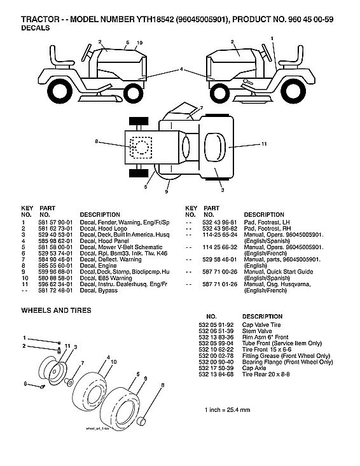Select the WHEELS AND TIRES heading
(x=56, y=310)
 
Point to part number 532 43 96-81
(x=221, y=222)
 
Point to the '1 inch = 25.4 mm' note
(x=227, y=408)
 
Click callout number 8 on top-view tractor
(x=97, y=140)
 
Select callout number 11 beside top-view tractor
(x=263, y=145)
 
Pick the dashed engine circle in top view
(x=141, y=147)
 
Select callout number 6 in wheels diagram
(x=25, y=384)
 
